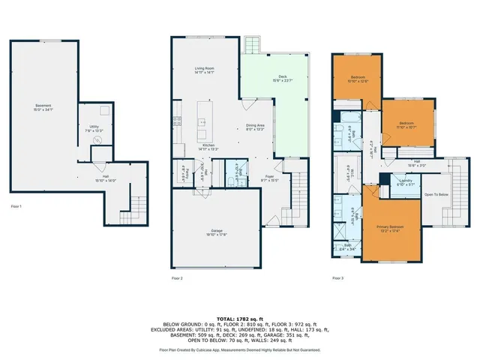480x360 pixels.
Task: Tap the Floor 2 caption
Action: pos(177,278)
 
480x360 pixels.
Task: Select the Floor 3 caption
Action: pos(338,278)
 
